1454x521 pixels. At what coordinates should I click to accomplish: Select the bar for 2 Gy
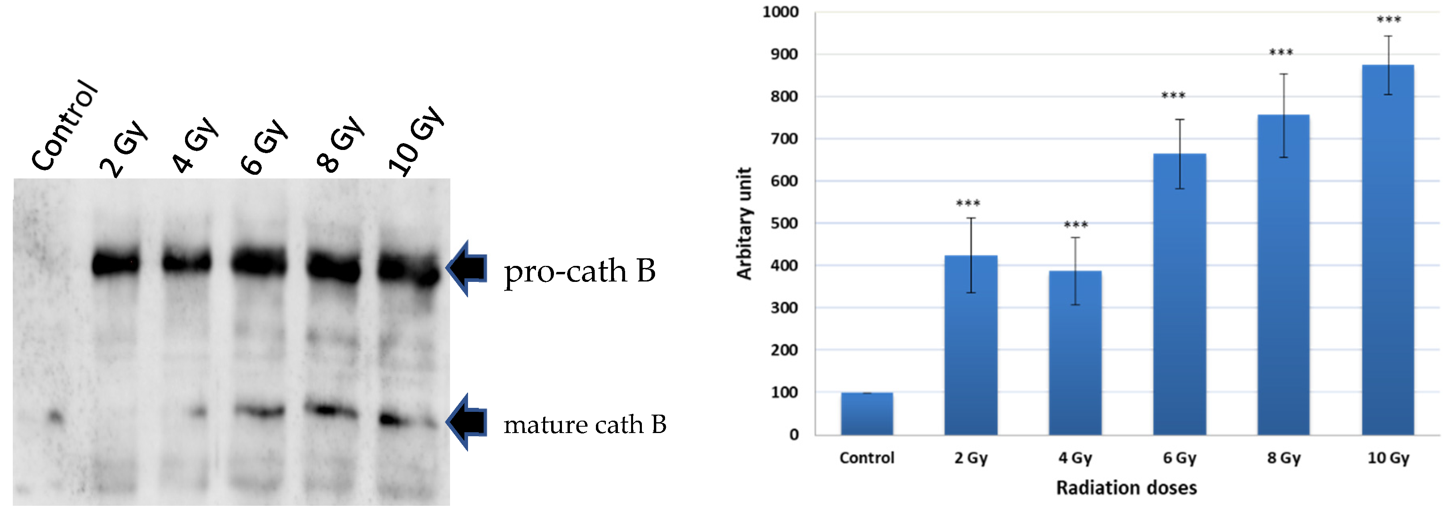[970, 345]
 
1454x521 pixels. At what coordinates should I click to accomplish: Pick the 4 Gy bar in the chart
[1075, 353]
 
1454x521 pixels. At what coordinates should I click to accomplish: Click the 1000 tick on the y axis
[780, 12]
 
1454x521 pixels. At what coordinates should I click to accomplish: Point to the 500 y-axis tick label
[784, 224]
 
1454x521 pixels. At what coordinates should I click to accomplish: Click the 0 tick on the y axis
[794, 435]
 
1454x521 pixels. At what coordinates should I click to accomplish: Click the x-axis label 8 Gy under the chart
[1283, 458]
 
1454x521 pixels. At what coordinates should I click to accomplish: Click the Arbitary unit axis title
[744, 224]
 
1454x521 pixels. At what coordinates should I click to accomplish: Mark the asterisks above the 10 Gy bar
[1388, 20]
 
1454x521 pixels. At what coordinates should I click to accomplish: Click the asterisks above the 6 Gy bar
[1173, 96]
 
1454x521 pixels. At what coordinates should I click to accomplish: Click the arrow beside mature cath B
[467, 422]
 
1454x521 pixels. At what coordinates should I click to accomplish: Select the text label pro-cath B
[580, 271]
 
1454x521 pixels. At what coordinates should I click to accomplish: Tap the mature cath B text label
[585, 425]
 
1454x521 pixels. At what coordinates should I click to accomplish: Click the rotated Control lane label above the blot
[64, 125]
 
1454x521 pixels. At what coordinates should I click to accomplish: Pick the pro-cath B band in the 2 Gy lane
[116, 263]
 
